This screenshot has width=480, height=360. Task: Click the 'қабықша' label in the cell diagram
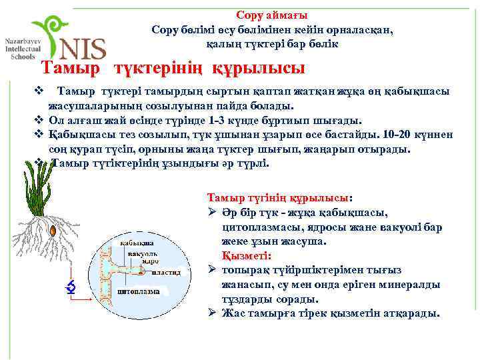point(137,243)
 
